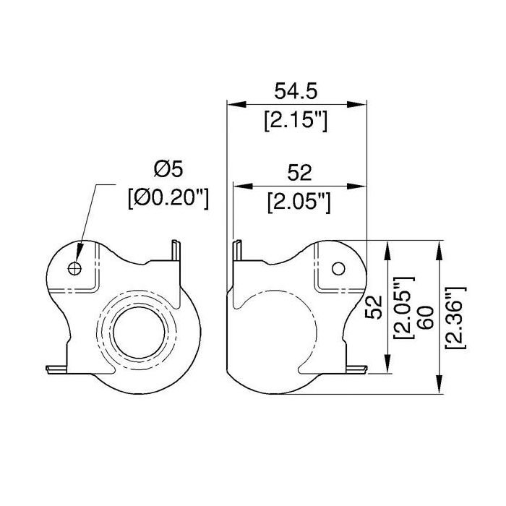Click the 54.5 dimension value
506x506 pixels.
pos(296,91)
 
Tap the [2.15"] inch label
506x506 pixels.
pos(296,121)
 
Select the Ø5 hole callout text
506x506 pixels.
pos(168,169)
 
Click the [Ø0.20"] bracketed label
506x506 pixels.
pos(168,198)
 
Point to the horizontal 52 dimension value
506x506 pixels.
pos(299,173)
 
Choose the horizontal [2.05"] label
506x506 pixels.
pos(299,202)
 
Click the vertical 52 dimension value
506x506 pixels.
pos(374,307)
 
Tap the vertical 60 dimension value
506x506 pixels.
pos(426,318)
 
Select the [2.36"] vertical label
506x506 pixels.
pos(455,317)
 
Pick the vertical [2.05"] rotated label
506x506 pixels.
pos(403,307)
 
